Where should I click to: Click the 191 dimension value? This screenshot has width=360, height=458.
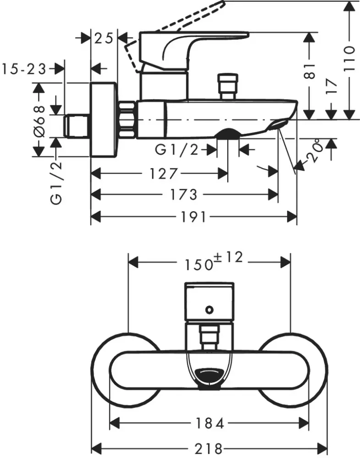point(193,217)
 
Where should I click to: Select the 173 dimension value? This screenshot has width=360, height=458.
point(183,195)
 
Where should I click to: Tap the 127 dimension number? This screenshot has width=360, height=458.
point(164,174)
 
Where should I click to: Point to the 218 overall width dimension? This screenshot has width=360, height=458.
point(209,447)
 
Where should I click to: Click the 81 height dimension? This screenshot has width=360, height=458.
point(311,71)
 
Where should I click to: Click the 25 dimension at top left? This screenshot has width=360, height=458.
point(104,38)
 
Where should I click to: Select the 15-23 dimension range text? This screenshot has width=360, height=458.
point(24,69)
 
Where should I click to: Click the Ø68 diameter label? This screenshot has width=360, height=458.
point(39,120)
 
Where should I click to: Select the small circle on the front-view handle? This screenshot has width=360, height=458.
point(210,310)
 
